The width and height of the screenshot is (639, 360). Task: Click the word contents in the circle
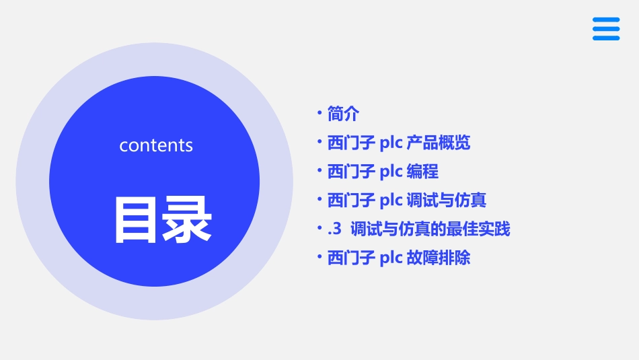click(156, 145)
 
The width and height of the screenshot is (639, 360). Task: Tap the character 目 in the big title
click(135, 219)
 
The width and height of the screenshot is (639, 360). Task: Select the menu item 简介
click(343, 114)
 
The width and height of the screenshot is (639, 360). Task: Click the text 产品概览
click(439, 143)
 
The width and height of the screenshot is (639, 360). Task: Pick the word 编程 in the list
click(422, 172)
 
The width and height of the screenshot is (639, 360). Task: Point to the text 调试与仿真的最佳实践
click(430, 229)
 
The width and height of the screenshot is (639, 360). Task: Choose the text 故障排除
click(439, 258)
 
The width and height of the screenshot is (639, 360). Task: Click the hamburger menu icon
click(605, 29)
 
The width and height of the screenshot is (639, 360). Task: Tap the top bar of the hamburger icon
click(605, 20)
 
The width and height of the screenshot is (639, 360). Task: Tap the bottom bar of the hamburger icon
click(605, 38)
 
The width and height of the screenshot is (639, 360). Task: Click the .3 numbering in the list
click(335, 229)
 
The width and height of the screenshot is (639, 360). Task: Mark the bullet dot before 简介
click(319, 113)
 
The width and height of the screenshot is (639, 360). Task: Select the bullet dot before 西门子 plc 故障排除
click(319, 257)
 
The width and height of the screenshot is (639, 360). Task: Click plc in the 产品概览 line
click(391, 143)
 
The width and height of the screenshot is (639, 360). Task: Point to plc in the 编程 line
click(391, 172)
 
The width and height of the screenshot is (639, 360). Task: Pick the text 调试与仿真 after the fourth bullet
click(447, 201)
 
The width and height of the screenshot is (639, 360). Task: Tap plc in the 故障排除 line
click(391, 258)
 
